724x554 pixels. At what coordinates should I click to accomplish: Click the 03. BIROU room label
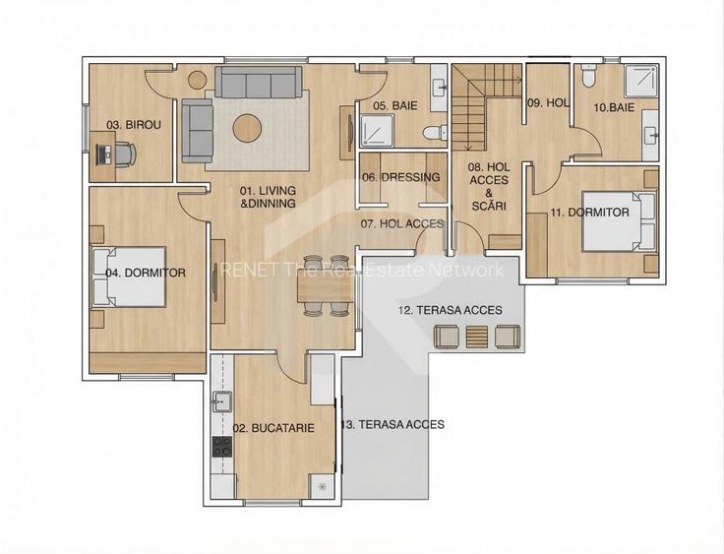click(x=134, y=125)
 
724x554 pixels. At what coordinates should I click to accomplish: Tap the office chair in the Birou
click(x=125, y=154)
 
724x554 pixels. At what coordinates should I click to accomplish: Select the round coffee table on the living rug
click(x=248, y=128)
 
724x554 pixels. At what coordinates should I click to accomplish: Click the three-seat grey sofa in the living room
click(x=259, y=83)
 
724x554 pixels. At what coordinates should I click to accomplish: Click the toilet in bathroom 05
click(x=435, y=133)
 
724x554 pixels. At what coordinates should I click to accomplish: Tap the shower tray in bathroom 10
click(x=640, y=81)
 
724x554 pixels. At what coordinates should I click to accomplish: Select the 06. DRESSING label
click(x=400, y=177)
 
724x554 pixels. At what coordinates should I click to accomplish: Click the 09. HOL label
click(x=548, y=103)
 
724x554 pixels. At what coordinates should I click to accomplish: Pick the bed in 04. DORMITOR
click(x=129, y=277)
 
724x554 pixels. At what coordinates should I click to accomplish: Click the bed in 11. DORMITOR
click(x=619, y=221)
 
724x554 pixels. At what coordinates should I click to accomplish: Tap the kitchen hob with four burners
click(x=222, y=447)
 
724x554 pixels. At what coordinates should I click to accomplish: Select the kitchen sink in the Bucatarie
click(x=222, y=401)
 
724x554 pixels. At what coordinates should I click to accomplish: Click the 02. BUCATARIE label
click(x=273, y=428)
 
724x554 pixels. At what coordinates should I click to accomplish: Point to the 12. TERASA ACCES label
click(x=451, y=310)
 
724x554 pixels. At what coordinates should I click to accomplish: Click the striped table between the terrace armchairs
click(x=477, y=337)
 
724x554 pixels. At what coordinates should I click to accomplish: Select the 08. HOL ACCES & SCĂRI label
click(x=489, y=186)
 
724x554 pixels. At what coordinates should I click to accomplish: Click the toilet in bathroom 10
click(x=589, y=76)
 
